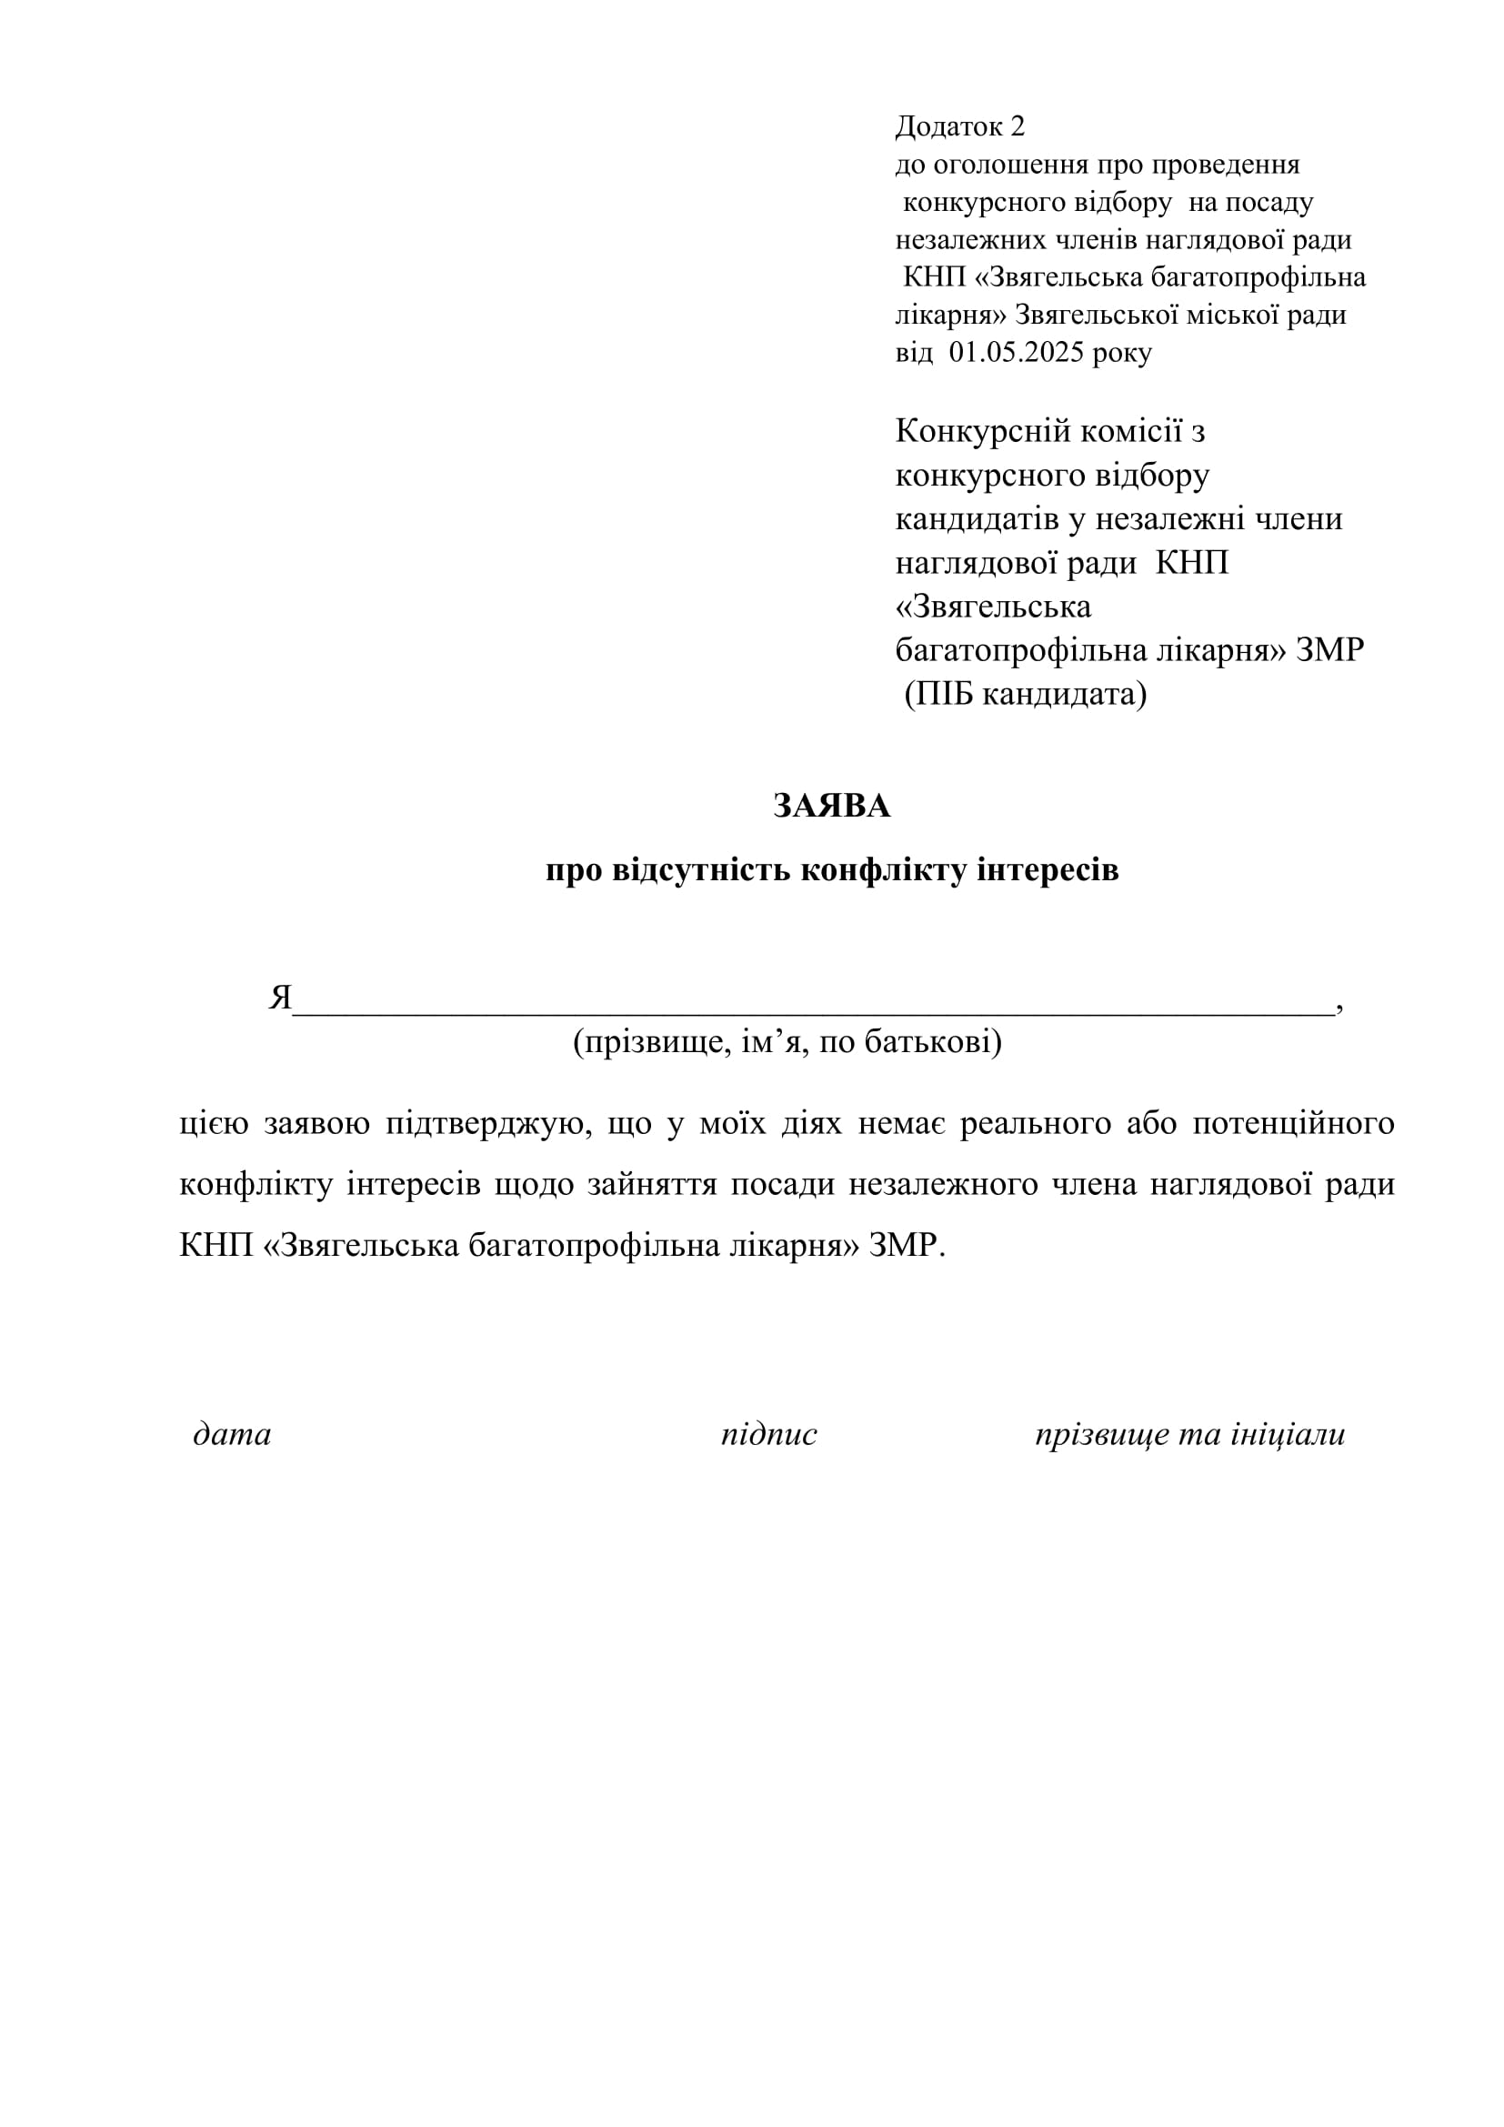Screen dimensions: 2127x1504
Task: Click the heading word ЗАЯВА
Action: (x=831, y=806)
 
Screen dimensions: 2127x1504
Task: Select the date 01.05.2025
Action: (x=1016, y=353)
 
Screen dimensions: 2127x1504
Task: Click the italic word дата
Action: (x=232, y=1435)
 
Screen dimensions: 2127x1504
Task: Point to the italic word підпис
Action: (x=768, y=1435)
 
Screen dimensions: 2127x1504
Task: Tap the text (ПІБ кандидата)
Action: (x=1025, y=694)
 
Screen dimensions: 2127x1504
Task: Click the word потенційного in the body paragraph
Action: (x=1293, y=1124)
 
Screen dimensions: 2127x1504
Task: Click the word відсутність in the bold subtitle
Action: (x=701, y=871)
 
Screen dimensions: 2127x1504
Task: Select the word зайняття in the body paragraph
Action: (x=652, y=1185)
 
